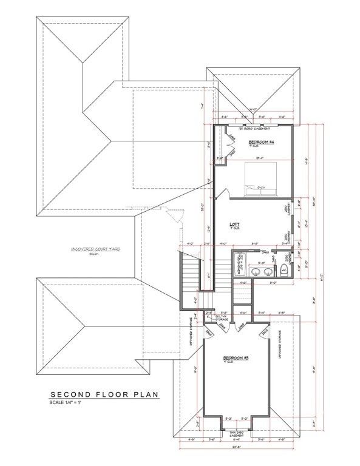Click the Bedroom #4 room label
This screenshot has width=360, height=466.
262,142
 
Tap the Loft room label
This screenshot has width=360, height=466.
234,225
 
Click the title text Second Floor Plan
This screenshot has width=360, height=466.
104,394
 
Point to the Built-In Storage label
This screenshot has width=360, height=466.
220,317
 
